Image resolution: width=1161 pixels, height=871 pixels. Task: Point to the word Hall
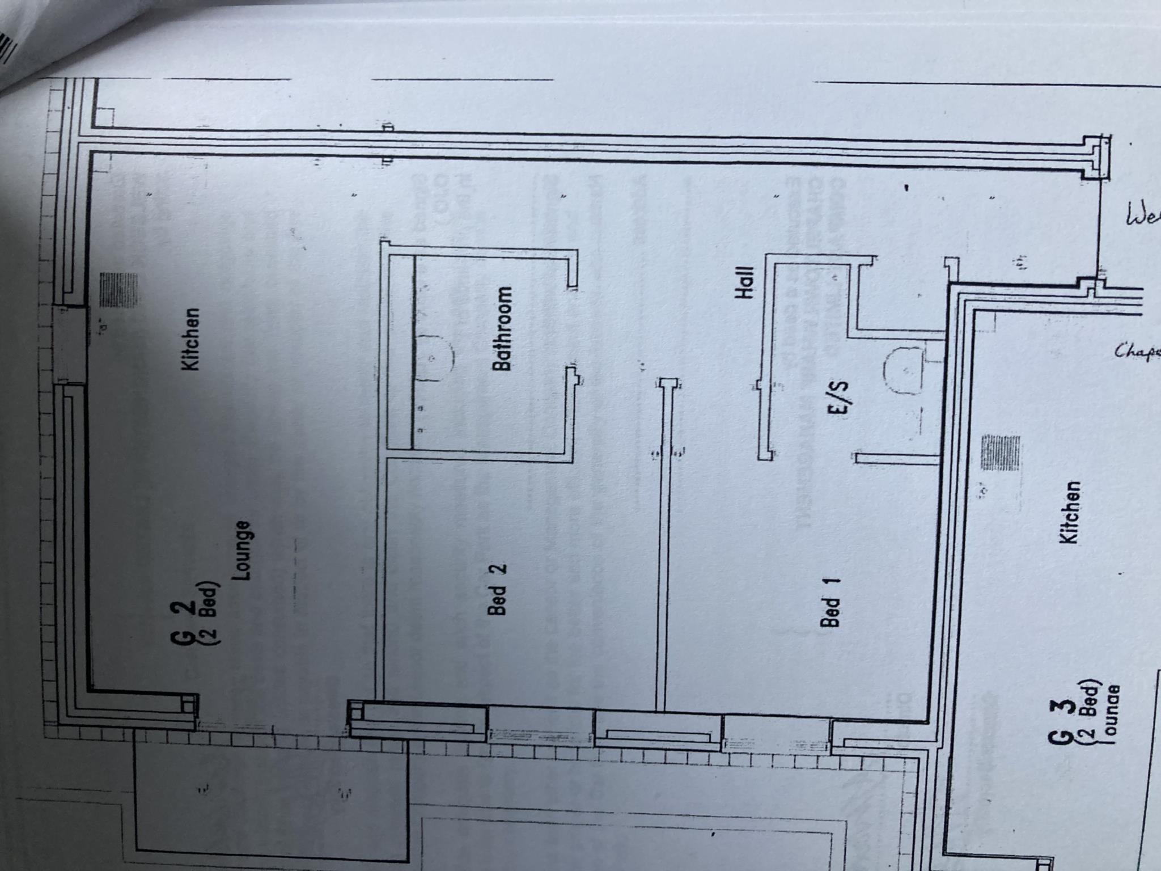pos(744,283)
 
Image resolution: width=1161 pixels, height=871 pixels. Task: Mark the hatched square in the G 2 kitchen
pos(118,290)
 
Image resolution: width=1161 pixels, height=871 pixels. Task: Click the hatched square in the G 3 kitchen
pos(1000,453)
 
